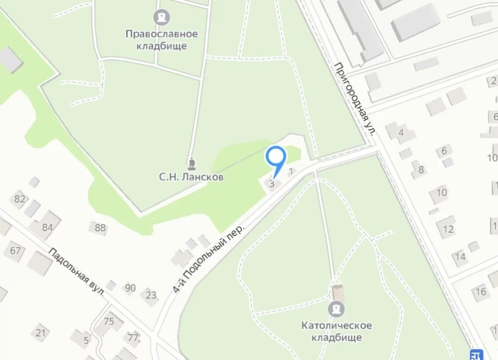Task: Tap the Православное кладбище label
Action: pos(161,40)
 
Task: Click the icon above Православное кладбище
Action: pos(161,16)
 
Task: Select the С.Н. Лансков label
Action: pos(191,178)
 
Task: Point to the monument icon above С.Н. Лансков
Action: pos(191,163)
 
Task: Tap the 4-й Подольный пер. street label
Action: pos(209,257)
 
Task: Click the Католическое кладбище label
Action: pos(337,331)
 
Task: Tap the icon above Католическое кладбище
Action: pos(337,308)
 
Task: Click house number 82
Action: pos(20,199)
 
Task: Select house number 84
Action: pos(47,227)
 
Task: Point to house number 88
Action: pos(100,227)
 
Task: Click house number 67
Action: pos(16,251)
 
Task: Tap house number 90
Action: pos(130,288)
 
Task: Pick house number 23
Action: pos(151,295)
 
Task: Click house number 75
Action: pos(109,321)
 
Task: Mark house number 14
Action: pos(460,256)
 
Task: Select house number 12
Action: pos(448,229)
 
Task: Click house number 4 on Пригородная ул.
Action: pos(402,132)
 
